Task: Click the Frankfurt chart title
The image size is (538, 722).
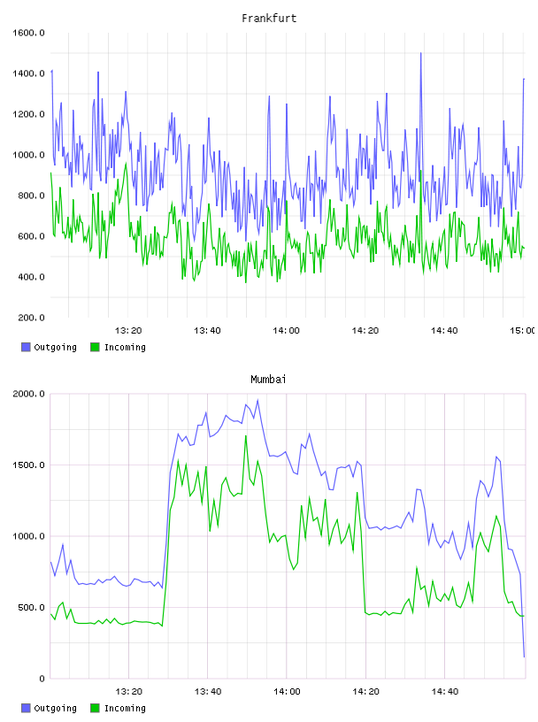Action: click(x=269, y=19)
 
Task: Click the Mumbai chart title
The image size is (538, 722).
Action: click(x=268, y=380)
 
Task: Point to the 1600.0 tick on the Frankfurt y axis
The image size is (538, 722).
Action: click(x=28, y=33)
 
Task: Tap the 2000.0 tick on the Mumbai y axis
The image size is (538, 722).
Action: click(x=28, y=394)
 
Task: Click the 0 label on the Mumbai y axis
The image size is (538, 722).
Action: click(x=42, y=679)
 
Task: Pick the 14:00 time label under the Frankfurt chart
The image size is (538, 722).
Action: click(x=286, y=331)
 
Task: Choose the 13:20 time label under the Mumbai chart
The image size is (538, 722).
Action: click(x=128, y=692)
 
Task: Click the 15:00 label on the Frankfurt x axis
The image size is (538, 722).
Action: click(x=523, y=331)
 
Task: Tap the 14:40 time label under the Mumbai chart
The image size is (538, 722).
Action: click(x=444, y=692)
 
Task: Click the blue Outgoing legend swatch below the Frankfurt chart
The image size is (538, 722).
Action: click(x=26, y=347)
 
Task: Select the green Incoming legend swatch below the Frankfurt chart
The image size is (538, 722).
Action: click(x=95, y=347)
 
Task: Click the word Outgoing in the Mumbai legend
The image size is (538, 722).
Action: click(x=55, y=708)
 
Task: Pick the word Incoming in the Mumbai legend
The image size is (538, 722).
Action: click(x=125, y=708)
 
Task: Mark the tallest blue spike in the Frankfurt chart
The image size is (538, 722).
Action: click(x=420, y=53)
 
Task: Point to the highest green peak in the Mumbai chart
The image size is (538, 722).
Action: click(x=246, y=435)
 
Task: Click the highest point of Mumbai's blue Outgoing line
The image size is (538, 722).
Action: click(x=257, y=400)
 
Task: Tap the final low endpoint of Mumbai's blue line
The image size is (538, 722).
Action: click(x=524, y=657)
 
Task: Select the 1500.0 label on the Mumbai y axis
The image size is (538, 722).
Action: click(x=28, y=465)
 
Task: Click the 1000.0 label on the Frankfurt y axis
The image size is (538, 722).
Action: click(x=28, y=155)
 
